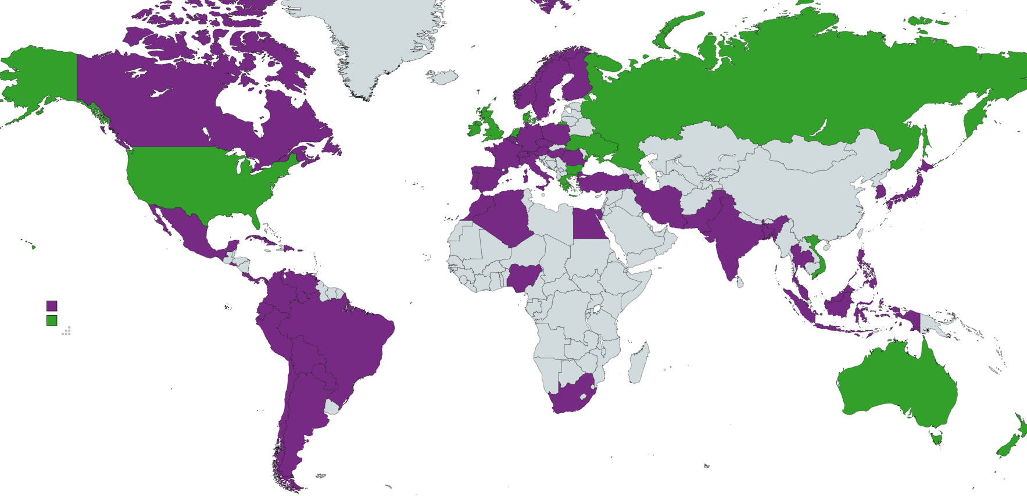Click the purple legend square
click(x=52, y=306)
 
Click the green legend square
click(x=52, y=320)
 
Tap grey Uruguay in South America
click(x=332, y=406)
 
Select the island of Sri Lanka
click(x=740, y=282)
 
